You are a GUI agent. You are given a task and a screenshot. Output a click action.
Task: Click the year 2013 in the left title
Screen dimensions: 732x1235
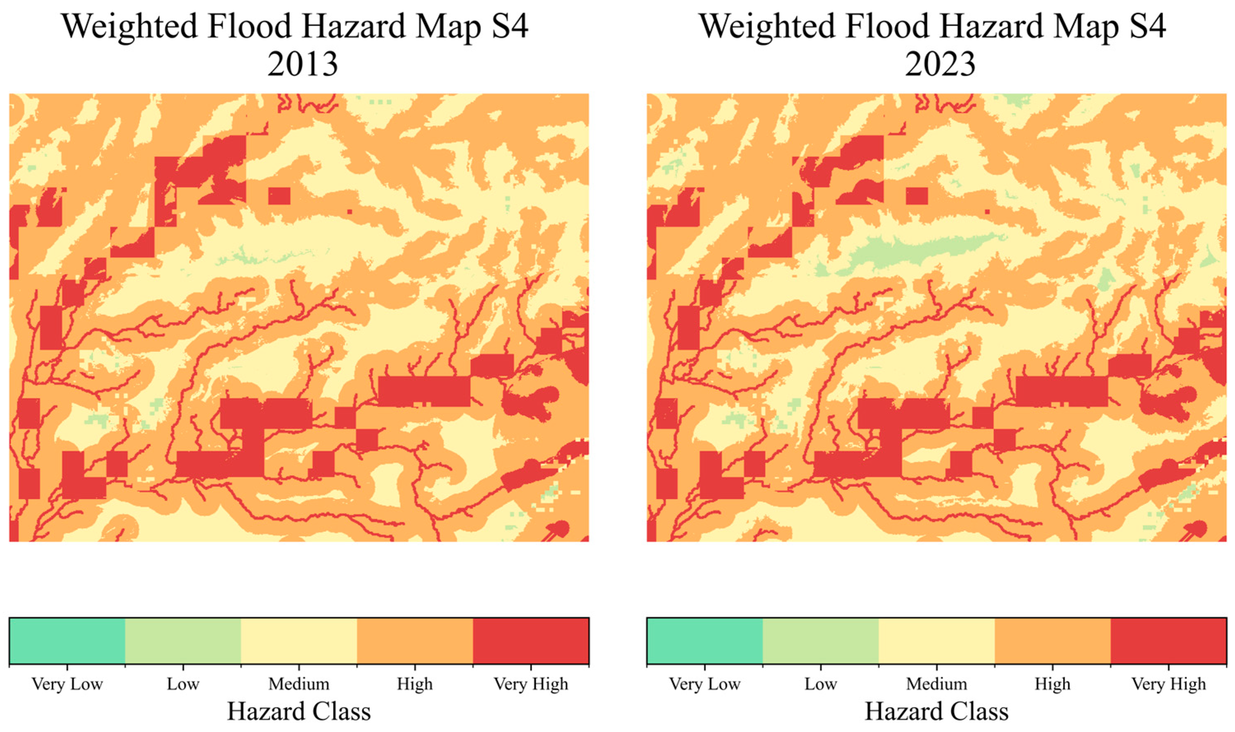pos(303,64)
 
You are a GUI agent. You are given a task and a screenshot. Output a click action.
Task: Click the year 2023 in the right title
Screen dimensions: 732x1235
pos(940,64)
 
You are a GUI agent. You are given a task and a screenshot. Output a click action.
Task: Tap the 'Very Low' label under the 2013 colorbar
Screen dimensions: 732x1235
pos(67,684)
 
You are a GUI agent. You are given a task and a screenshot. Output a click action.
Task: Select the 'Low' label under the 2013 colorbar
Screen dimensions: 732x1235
pos(183,684)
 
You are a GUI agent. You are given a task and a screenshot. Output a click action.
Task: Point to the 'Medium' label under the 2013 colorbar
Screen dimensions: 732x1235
pos(299,684)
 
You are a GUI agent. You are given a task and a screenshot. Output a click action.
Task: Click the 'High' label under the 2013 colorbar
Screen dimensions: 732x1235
pos(415,684)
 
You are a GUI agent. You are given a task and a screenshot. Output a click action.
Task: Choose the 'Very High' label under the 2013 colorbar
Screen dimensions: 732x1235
pos(531,684)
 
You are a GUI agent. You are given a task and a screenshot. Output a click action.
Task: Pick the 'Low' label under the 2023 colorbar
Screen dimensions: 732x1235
pos(820,684)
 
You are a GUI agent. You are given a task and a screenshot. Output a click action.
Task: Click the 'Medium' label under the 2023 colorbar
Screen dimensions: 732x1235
pos(936,684)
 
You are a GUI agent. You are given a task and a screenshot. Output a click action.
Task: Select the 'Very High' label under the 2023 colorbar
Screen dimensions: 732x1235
pos(1168,684)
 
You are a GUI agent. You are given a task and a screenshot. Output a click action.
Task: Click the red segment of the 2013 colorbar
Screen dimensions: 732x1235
pos(531,641)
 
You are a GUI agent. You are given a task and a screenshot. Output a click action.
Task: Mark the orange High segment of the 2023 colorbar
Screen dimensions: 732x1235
pos(1053,641)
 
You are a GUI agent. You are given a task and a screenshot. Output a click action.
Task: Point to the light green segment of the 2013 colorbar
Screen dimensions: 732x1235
pos(183,641)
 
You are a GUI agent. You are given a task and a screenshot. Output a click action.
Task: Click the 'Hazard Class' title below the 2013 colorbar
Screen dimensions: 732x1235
pos(299,711)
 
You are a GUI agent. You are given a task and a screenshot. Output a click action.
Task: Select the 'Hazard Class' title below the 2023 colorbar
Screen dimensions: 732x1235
pos(936,711)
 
